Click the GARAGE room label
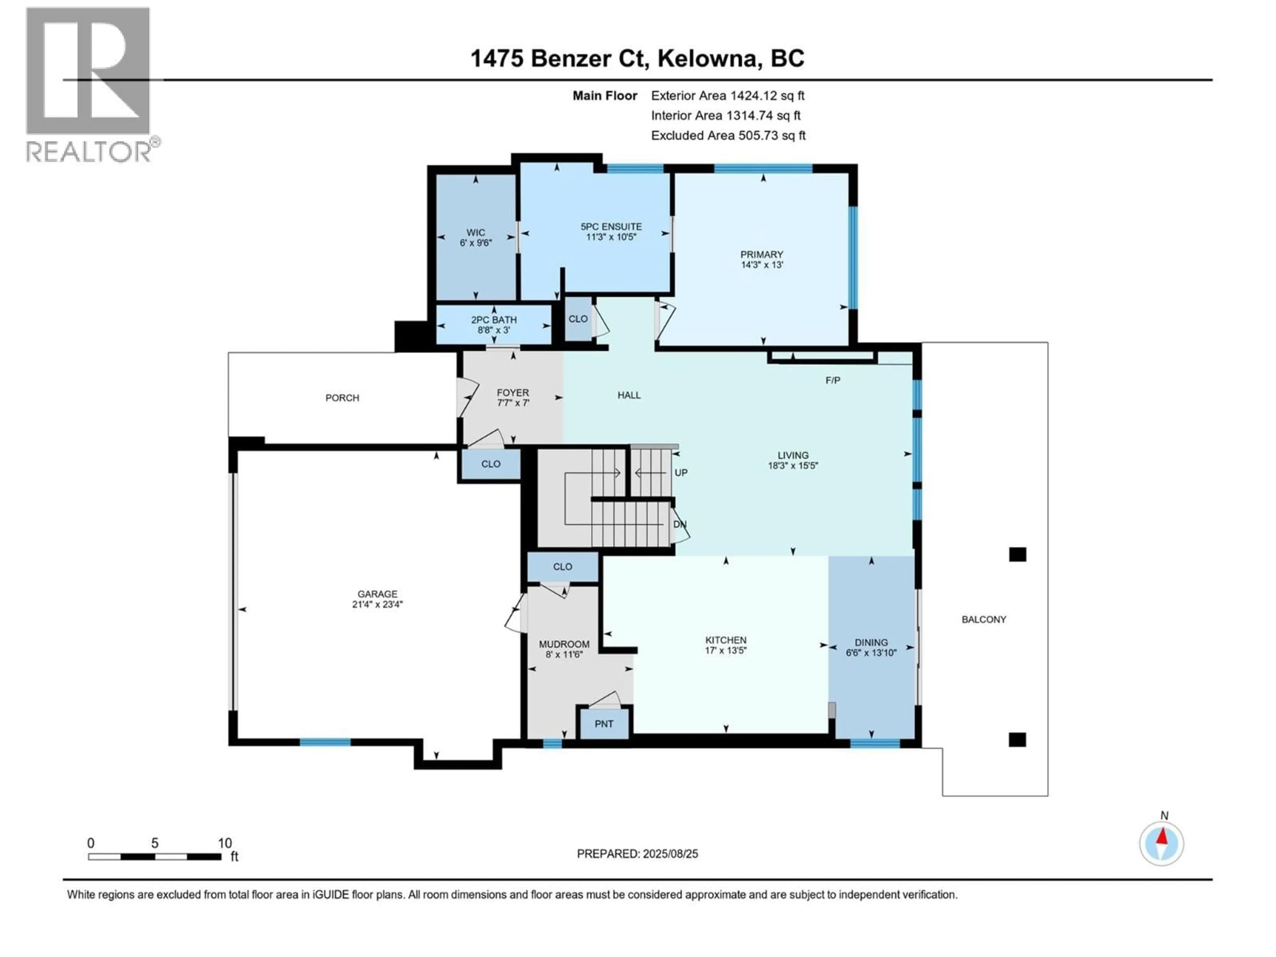pyautogui.click(x=377, y=593)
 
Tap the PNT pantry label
pyautogui.click(x=604, y=724)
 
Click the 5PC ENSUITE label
pyautogui.click(x=611, y=227)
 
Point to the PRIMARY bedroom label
pyautogui.click(x=762, y=255)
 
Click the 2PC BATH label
pyautogui.click(x=494, y=320)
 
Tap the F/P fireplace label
pyautogui.click(x=832, y=380)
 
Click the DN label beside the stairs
pyautogui.click(x=680, y=524)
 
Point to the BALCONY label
pyautogui.click(x=984, y=619)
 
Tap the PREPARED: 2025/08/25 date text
pyautogui.click(x=637, y=854)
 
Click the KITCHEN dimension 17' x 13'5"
pyautogui.click(x=726, y=650)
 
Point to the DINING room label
pyautogui.click(x=871, y=642)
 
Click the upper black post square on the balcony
pyautogui.click(x=1017, y=554)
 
